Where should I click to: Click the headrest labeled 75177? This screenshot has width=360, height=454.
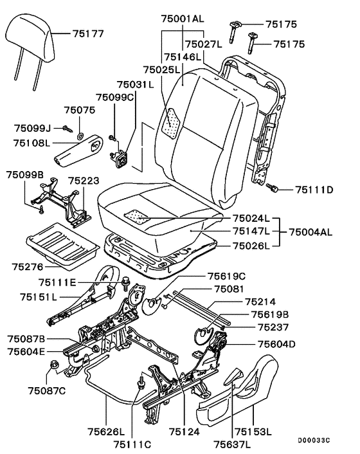pos(30,44)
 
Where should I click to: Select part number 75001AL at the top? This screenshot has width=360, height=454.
pos(183,19)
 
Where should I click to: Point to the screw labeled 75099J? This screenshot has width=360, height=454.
pos(67,128)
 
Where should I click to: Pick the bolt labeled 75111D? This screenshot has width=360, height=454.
pos(272,187)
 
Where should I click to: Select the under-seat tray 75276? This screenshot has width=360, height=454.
pos(62,246)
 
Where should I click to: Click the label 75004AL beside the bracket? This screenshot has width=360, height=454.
pos(310,232)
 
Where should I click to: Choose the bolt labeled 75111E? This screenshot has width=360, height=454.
pos(126,283)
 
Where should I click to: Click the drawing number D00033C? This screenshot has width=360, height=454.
pos(314,440)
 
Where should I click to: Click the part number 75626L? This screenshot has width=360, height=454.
pos(106,431)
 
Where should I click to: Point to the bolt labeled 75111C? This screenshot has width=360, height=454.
pos(141,383)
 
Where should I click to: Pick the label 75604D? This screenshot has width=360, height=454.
pos(276,344)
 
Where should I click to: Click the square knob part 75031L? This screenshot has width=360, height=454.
pos(120,159)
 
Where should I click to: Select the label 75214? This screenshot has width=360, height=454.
pos(260,302)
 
